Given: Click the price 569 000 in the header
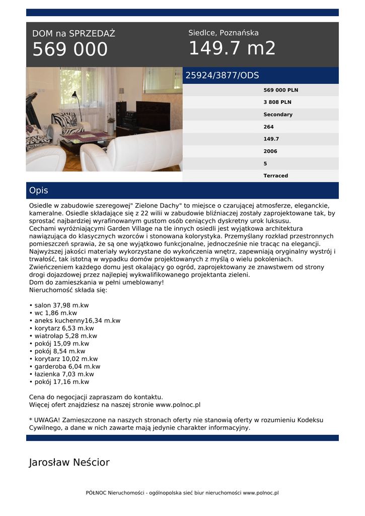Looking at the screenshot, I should (70, 50).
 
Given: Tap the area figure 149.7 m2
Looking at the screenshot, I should (232, 48).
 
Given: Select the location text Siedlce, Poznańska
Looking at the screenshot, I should (224, 33).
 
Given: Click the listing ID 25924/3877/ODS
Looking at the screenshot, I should (222, 76).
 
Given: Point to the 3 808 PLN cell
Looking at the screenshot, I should (277, 102).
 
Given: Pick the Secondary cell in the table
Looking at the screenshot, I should (278, 114).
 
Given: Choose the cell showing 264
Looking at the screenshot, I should (269, 126).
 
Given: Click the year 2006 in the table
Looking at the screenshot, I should (270, 151).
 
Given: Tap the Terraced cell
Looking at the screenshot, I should (276, 176).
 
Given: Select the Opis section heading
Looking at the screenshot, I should (39, 190).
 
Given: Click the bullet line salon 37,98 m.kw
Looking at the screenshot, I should (59, 305).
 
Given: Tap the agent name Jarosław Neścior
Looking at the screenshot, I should (69, 463).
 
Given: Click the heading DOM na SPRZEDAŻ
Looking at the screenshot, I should (74, 34).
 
